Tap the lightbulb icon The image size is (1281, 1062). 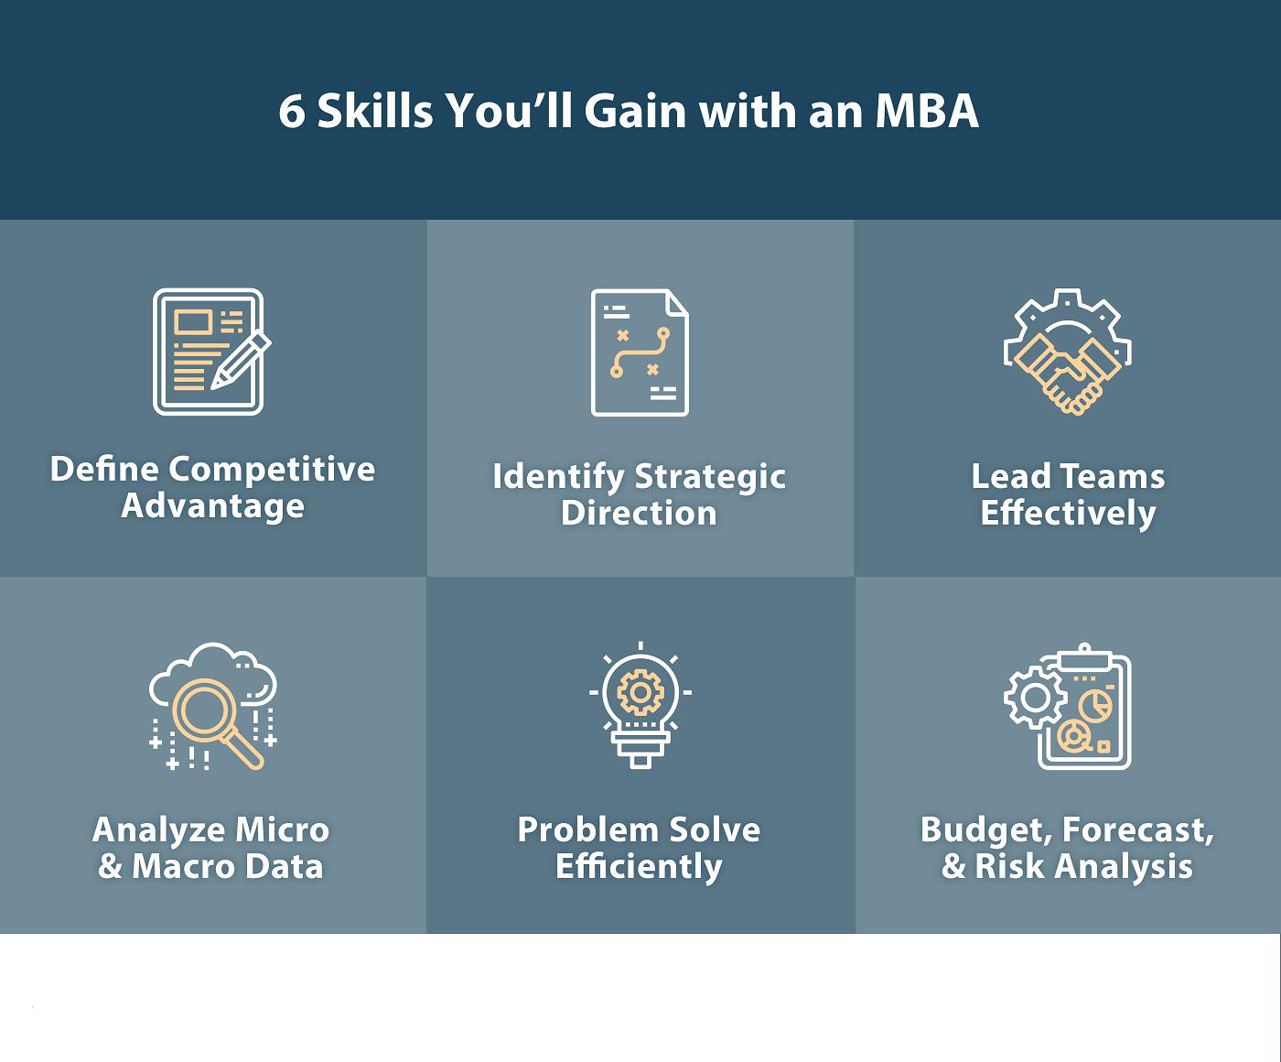click(640, 705)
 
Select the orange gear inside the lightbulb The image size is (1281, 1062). click(640, 692)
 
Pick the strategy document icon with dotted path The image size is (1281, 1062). click(640, 352)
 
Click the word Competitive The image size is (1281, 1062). click(272, 471)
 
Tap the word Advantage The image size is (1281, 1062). click(212, 507)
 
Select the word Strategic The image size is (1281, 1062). click(710, 477)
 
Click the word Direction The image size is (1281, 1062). click(639, 514)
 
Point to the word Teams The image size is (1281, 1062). click(1113, 476)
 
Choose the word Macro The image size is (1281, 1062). click(184, 866)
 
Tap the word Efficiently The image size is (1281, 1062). click(639, 867)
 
